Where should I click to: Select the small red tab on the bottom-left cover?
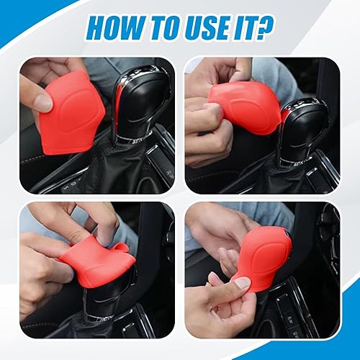(122, 248)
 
